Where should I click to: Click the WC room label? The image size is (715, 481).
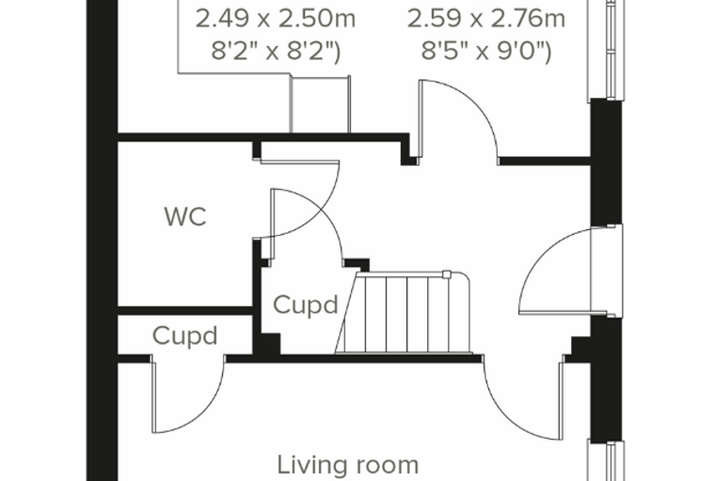185,216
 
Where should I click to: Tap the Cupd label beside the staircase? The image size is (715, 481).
306,304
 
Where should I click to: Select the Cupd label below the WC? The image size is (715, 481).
184,336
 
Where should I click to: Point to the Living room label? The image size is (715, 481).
348,465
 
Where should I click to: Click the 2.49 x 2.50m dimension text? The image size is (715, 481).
276,19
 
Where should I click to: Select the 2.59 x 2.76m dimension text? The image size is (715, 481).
486,19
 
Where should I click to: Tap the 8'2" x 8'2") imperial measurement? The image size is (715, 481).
276,51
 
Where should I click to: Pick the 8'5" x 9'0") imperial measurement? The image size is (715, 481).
486,51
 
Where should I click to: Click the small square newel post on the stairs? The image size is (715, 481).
447,274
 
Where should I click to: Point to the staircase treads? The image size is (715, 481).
404,314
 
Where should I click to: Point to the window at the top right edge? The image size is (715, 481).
607,49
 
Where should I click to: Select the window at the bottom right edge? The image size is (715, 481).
607,461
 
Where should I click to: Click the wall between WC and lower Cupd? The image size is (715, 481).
185,311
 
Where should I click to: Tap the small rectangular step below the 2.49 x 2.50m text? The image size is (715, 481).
320,104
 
